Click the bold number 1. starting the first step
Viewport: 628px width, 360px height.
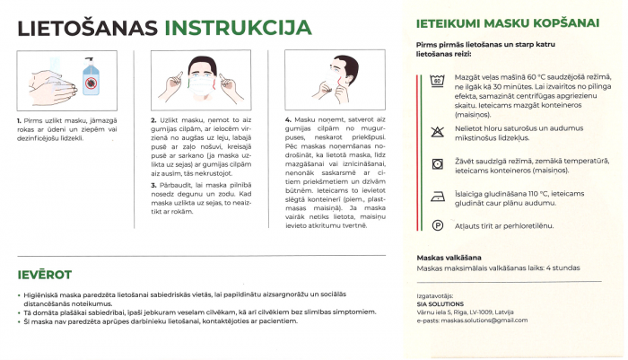pos(20,120)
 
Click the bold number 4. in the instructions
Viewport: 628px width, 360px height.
pos(288,120)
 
